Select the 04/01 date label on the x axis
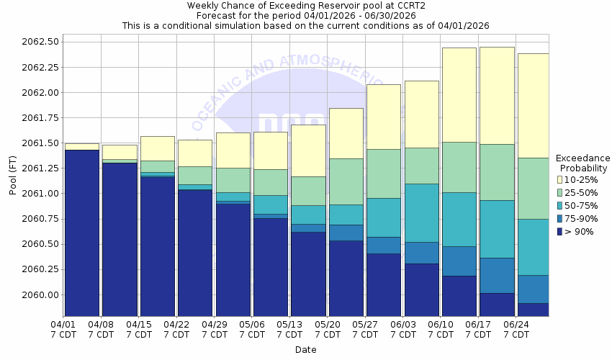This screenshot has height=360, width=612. click(x=63, y=325)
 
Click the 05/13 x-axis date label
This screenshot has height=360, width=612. click(x=289, y=325)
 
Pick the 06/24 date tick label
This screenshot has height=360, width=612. click(x=516, y=325)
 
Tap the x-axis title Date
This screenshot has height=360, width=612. click(x=305, y=350)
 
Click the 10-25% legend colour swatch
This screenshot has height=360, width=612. click(x=559, y=179)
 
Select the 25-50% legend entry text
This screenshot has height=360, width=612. click(x=580, y=192)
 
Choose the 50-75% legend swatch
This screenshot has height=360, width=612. click(x=559, y=205)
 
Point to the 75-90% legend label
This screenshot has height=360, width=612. click(x=580, y=219)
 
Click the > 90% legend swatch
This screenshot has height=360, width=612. click(x=559, y=232)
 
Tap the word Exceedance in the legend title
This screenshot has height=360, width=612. click(x=582, y=158)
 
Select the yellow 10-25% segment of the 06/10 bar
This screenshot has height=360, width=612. click(x=459, y=94)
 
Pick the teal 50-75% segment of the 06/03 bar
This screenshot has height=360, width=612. click(x=421, y=212)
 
